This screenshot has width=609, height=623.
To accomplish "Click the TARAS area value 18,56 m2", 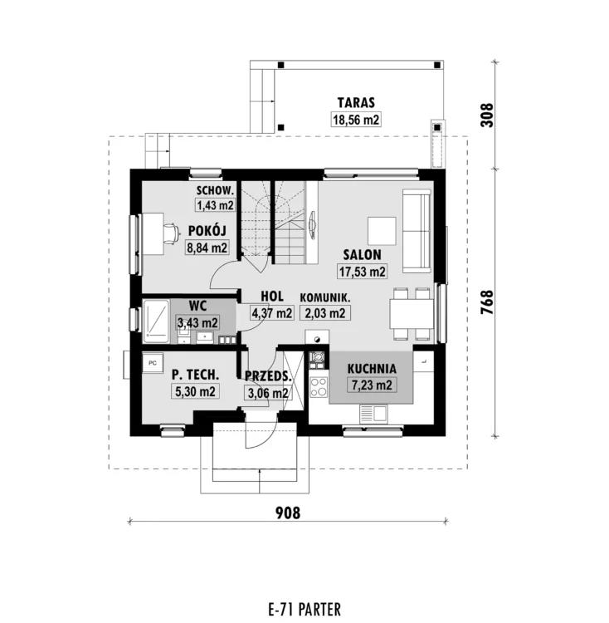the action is coord(356,120).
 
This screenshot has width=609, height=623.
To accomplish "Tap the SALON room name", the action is coord(363,255).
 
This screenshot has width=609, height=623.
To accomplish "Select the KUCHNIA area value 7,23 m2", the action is coord(372,385).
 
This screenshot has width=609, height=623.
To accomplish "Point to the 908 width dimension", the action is coord(288,513).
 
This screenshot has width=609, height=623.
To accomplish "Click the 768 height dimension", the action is coord(487,302).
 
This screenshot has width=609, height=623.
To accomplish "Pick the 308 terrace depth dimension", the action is coord(487,115).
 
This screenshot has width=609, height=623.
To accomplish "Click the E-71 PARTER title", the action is coord(304,609).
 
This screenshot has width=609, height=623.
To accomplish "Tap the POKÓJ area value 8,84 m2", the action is coord(207,248).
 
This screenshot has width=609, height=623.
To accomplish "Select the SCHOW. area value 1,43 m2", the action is coord(215,205).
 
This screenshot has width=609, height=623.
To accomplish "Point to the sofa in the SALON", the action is coord(417,231).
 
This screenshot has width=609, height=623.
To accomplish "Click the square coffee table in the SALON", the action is coord(382,231).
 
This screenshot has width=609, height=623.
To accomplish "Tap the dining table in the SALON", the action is coord(412,313).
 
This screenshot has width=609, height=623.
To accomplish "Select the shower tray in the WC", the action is coord(156,321).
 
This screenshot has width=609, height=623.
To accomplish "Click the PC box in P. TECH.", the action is coord(153,363).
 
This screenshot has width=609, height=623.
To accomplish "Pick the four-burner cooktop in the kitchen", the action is coord(319,386).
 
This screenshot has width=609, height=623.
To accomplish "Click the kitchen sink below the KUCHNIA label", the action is coord(373,415).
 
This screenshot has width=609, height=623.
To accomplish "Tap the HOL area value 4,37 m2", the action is coord(272,313).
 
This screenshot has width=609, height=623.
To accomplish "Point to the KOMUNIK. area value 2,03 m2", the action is coord(325,313).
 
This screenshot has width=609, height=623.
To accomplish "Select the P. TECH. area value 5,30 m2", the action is coord(195,391).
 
